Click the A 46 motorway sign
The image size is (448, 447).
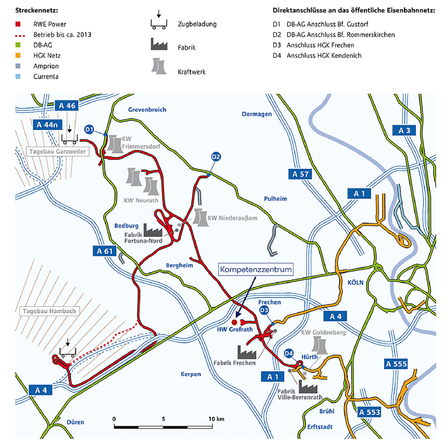pos(67,106)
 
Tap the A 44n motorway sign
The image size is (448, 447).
pos(47,125)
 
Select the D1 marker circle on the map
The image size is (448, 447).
pos(89,129)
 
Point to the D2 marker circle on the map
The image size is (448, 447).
pos(216,157)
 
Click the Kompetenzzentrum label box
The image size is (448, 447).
pos(256,269)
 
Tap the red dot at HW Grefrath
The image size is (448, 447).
pos(234,322)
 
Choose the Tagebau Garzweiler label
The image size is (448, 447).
pos(57,152)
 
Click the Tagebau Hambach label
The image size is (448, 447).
pos(49,311)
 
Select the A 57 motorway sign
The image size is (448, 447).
pos(300,174)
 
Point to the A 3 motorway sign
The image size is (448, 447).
pos(404,131)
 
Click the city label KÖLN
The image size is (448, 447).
pos(355,283)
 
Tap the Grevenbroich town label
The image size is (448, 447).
pos(147,110)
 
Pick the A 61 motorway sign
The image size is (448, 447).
pos(104,251)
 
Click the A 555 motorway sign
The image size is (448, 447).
pos(396,364)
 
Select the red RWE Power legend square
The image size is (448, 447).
pos(18,24)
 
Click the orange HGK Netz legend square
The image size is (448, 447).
pos(18,55)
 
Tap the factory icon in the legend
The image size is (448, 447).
pos(159,45)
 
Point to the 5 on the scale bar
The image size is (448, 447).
pos(163,419)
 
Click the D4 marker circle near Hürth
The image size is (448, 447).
pos(289,353)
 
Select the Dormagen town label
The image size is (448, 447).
pos(256,114)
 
